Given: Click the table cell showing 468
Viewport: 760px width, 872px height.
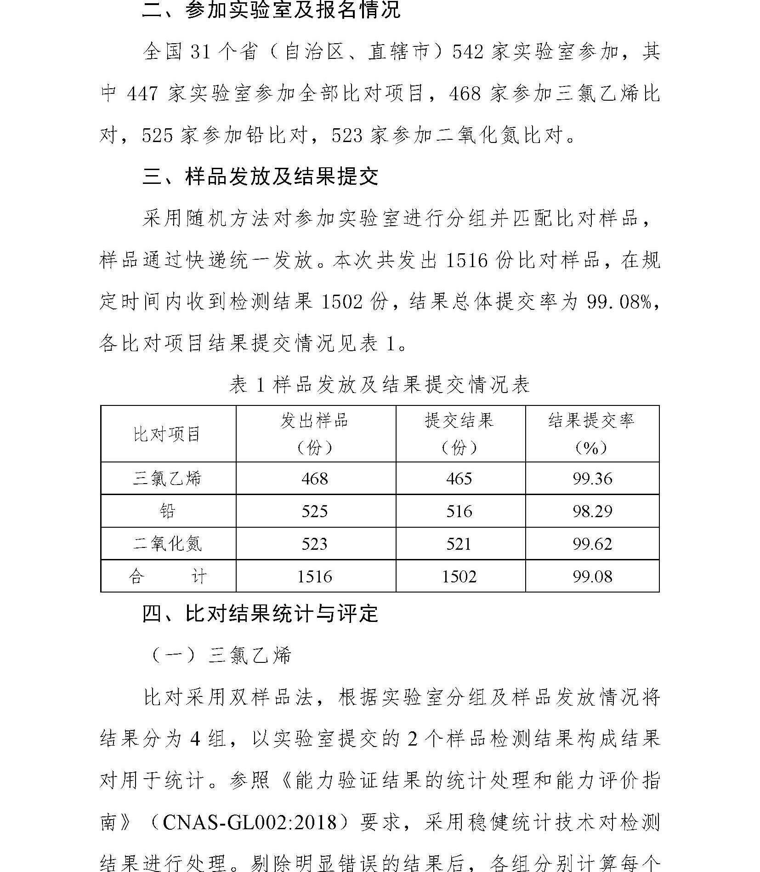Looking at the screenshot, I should (315, 479).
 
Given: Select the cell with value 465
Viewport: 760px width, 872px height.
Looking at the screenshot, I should (459, 479).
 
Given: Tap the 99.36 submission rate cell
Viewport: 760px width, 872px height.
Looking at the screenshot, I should (592, 479).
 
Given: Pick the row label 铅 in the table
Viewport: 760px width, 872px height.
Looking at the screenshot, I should (168, 511).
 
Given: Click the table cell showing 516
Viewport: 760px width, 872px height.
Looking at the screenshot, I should (459, 511).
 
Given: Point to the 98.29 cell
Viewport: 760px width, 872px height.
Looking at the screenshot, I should (592, 511).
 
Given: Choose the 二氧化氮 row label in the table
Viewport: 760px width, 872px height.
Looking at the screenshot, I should (168, 544).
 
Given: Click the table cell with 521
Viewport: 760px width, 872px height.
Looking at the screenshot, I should (459, 544).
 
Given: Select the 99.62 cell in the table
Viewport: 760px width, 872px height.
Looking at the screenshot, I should (592, 544).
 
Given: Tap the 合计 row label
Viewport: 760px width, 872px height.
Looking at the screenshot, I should (168, 576).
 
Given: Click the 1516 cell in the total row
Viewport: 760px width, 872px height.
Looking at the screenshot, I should (315, 576).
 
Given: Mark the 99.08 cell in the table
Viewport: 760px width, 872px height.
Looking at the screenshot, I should (592, 576).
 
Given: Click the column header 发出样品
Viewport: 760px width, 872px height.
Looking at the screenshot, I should (315, 421).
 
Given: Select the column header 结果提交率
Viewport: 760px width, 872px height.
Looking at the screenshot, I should (592, 421).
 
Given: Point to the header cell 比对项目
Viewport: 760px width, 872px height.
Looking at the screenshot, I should (168, 434).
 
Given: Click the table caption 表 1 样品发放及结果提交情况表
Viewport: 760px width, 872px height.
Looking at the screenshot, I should (380, 385).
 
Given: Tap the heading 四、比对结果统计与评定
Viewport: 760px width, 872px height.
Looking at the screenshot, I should (260, 614).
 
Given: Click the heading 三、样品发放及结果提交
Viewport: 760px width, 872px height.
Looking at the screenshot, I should (260, 177).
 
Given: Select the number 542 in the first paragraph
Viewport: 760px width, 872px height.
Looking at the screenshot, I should (468, 52).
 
